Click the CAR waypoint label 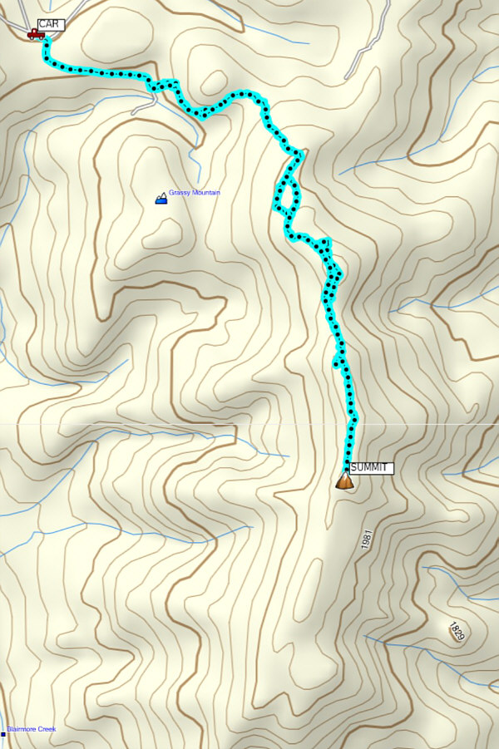(x=51, y=25)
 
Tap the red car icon (x=35, y=34)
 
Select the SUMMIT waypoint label (x=370, y=469)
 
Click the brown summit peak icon (x=344, y=481)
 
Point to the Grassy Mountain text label (x=195, y=193)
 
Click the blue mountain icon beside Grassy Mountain (x=161, y=198)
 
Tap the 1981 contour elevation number (x=368, y=539)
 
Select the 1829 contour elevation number (x=456, y=631)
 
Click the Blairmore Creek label (x=32, y=730)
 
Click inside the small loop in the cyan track (x=285, y=196)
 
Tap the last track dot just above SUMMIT (x=348, y=458)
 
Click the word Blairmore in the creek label (x=22, y=730)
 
